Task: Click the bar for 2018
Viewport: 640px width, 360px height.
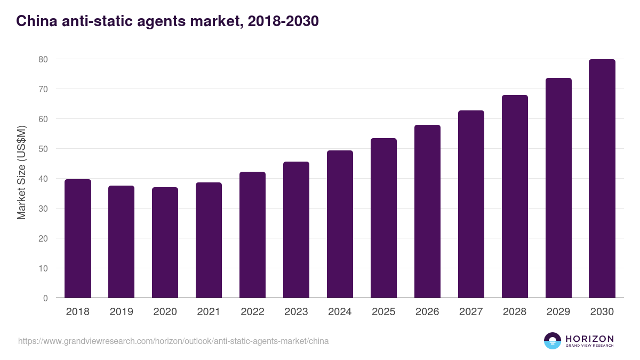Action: coord(78,239)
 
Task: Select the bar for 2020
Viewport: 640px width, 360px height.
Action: coord(165,243)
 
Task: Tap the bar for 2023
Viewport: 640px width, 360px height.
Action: coord(296,230)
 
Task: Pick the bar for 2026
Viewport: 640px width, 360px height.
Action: coord(427,212)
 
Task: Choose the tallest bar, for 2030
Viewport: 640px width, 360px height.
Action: coord(602,179)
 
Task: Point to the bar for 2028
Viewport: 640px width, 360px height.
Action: coord(515,197)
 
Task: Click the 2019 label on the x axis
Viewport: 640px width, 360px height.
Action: coord(122,312)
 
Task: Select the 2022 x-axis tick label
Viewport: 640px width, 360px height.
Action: coord(253,312)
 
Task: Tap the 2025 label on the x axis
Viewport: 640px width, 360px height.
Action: coord(384,312)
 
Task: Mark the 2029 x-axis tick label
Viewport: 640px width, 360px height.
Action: coord(558,312)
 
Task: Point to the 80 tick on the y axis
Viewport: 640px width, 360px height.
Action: coord(43,59)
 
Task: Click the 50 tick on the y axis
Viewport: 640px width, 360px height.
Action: coord(43,149)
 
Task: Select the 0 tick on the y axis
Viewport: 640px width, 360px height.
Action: coord(45,298)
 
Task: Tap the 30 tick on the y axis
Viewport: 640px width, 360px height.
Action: coord(43,209)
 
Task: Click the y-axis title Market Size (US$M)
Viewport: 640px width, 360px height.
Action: coord(21,172)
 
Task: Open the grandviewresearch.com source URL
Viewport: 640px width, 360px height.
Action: coord(173,341)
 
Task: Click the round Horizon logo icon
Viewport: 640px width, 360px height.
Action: coord(553,341)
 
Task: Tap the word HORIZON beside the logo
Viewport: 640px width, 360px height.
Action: coord(589,339)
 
